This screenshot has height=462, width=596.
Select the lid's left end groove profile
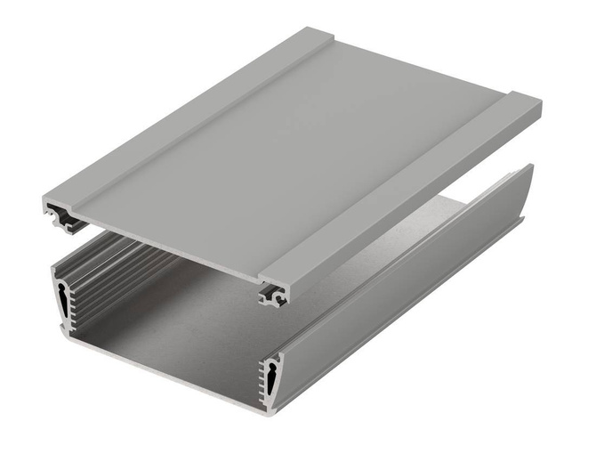[x=60, y=215]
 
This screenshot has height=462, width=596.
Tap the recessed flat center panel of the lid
[x=302, y=151]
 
